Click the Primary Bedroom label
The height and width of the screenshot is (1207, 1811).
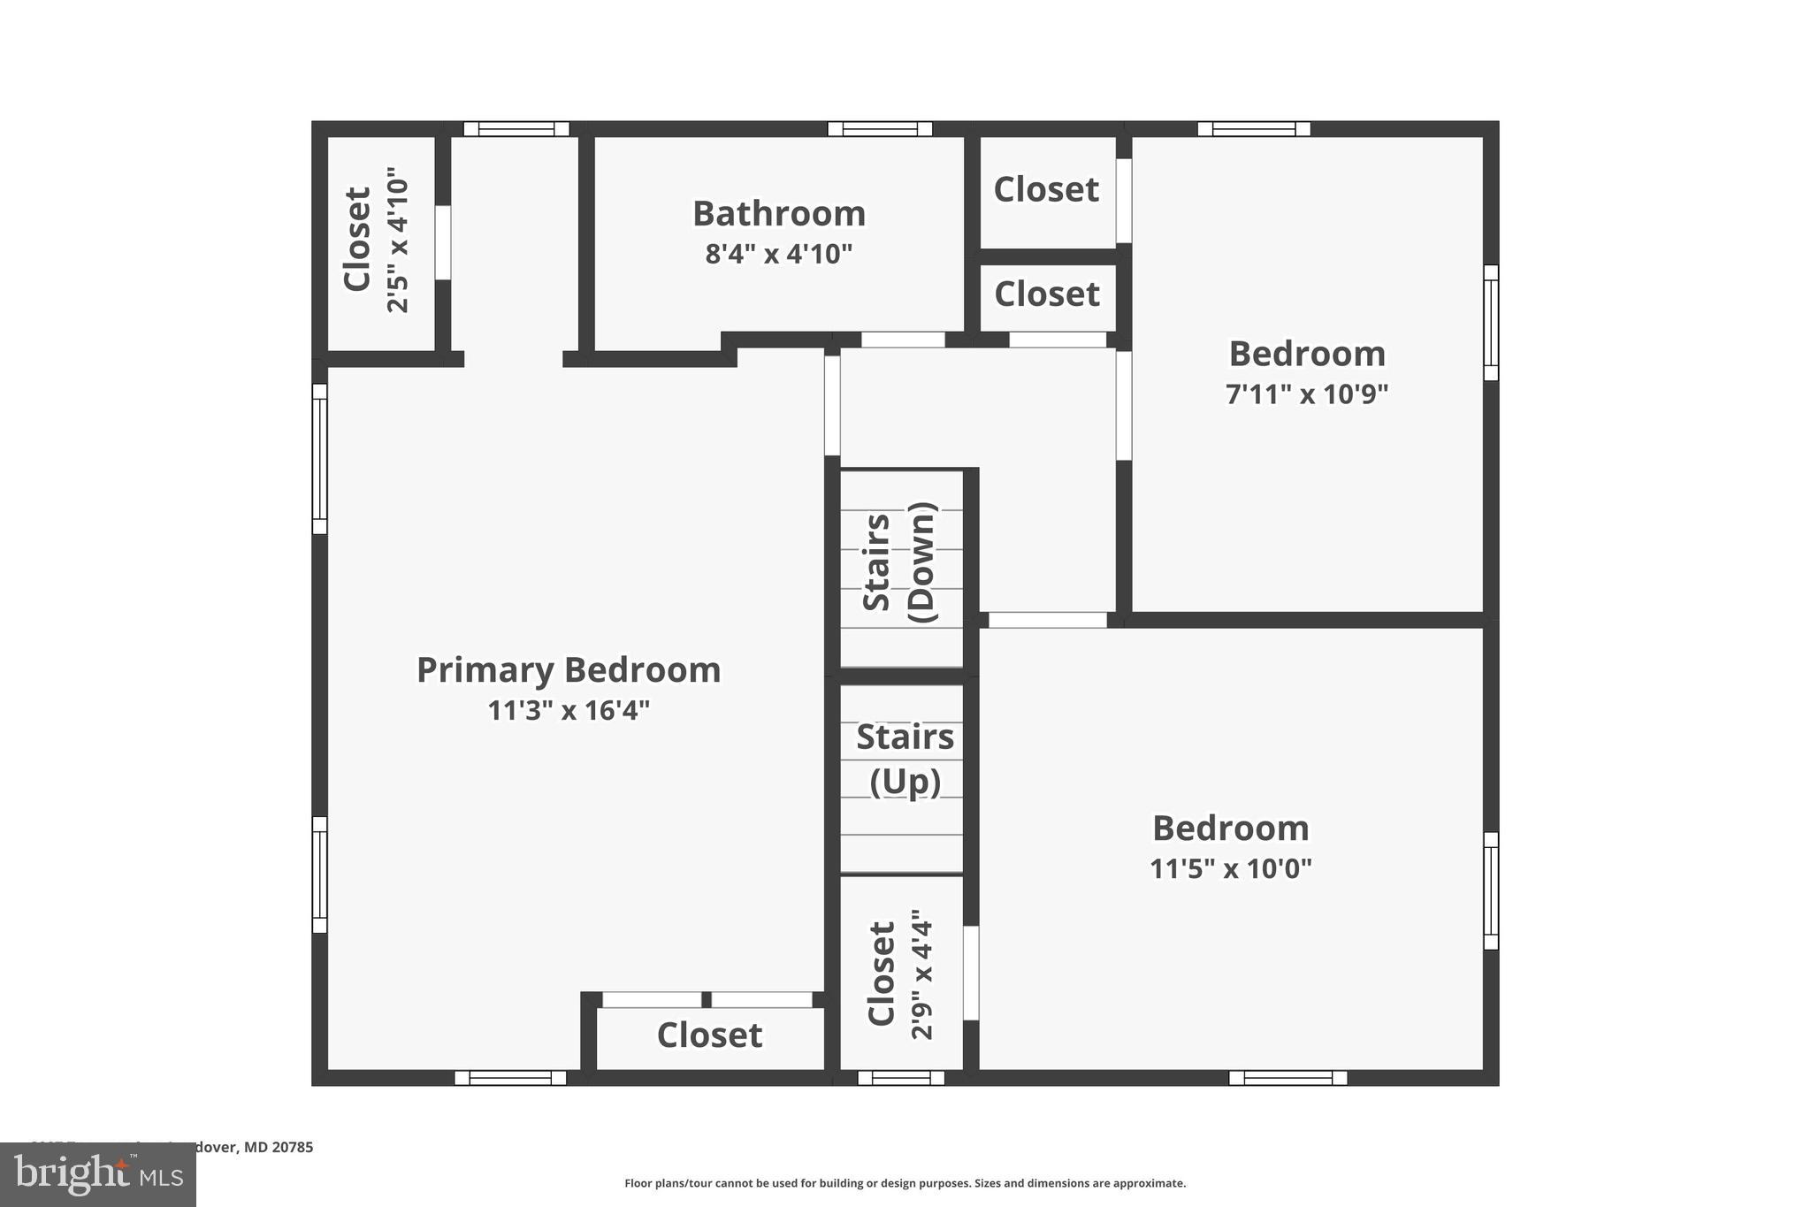point(569,670)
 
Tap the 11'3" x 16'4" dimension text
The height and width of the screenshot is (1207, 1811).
point(569,710)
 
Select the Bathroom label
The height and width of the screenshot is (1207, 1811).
point(778,214)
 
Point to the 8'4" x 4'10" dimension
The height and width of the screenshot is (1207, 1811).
point(778,255)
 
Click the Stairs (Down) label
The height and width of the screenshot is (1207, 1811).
point(899,562)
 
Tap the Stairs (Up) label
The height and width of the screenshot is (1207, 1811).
point(905,759)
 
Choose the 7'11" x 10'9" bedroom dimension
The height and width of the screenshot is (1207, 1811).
point(1306,394)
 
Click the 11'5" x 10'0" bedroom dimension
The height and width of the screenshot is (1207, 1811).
point(1230,868)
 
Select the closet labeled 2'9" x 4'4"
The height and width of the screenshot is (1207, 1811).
point(900,974)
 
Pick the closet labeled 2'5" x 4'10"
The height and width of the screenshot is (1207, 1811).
point(377,241)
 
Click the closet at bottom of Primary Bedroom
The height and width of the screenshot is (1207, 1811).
point(709,1035)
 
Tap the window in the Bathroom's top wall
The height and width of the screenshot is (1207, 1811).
point(880,129)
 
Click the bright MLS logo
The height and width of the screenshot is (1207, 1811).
point(98,1175)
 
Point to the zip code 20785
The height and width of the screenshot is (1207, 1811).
point(292,1148)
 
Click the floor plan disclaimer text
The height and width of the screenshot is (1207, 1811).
point(905,1183)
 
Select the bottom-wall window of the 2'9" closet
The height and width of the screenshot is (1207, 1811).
point(901,1078)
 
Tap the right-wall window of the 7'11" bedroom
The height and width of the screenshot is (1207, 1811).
point(1491,323)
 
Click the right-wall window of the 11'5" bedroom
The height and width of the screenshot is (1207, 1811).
point(1491,890)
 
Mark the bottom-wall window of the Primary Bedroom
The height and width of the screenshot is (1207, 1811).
point(510,1078)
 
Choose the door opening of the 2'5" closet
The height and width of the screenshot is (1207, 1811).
point(443,242)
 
